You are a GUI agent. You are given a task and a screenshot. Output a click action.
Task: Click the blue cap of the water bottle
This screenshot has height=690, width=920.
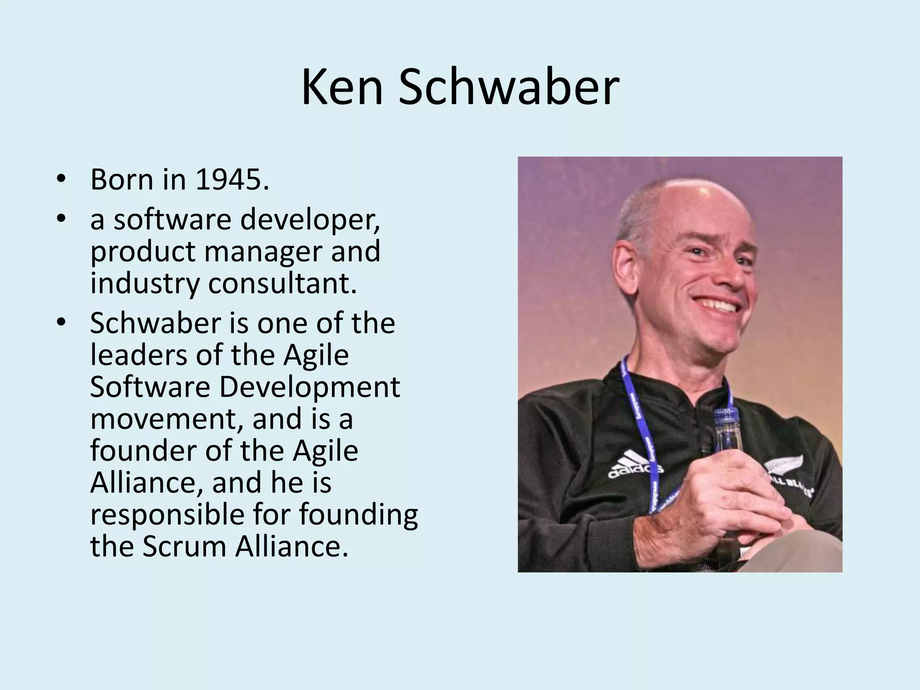724,416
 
